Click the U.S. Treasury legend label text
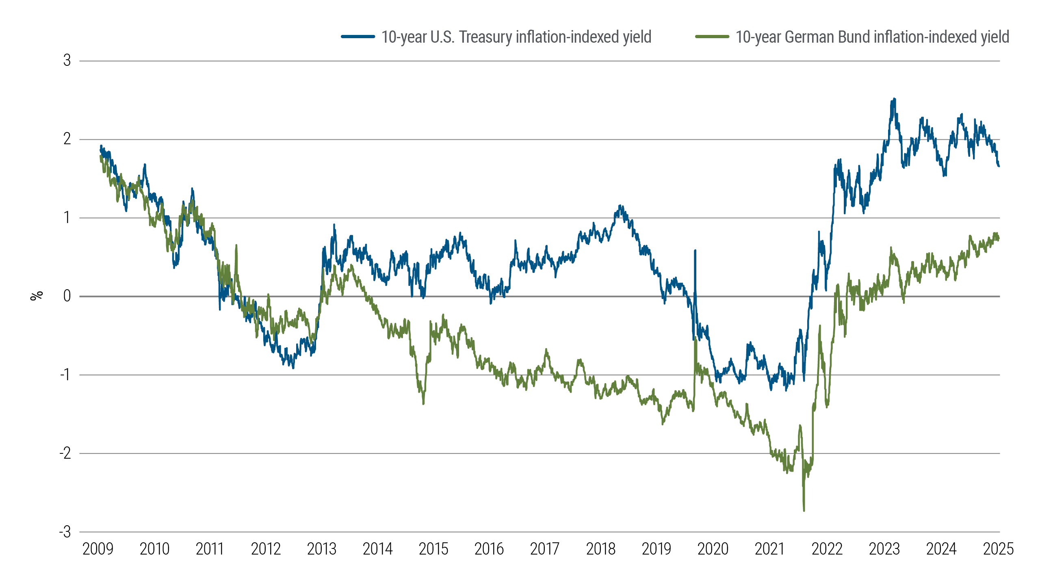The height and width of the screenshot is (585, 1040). (516, 37)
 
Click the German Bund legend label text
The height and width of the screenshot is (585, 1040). (872, 37)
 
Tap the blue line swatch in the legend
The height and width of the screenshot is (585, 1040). (357, 37)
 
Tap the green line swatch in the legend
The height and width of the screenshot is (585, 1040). (712, 37)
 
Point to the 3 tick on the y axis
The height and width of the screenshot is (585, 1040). (67, 61)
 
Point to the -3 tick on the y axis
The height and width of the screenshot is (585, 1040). (65, 532)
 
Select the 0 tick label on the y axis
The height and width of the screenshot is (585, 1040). (67, 296)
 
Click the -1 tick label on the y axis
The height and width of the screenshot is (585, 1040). (65, 375)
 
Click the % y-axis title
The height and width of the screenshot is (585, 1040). (37, 295)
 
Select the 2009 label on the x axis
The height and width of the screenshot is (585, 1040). (98, 549)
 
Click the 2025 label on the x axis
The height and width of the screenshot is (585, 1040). (998, 549)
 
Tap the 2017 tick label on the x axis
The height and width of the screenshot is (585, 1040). (544, 549)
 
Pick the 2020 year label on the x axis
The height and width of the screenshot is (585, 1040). (713, 549)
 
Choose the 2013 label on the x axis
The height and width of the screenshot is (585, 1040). (321, 549)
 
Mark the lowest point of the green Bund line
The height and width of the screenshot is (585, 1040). (804, 510)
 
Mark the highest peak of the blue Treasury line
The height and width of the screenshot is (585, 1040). (894, 99)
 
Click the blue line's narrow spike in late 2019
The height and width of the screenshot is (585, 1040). (695, 251)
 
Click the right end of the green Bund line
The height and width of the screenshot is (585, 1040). (999, 238)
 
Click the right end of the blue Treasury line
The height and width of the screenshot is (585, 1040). (999, 166)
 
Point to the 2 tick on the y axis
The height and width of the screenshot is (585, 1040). (67, 139)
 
